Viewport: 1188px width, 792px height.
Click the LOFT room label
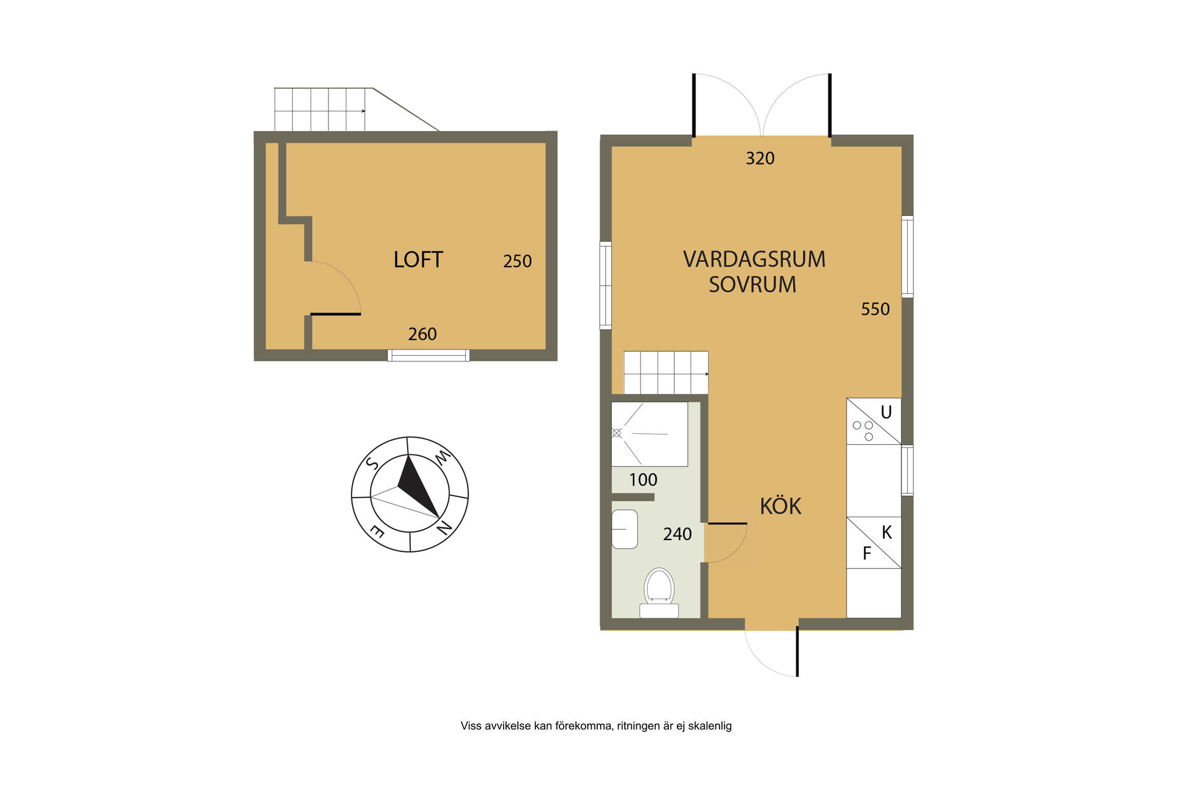[x=418, y=260]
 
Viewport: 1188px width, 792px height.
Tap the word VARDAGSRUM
[x=754, y=259]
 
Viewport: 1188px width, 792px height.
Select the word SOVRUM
[x=752, y=285]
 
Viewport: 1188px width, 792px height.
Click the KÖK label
[x=780, y=506]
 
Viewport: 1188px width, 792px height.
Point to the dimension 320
[x=760, y=158]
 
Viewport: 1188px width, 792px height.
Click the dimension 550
[x=875, y=309]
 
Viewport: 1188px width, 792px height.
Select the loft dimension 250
[x=517, y=261]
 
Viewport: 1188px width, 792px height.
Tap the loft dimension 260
[x=422, y=334]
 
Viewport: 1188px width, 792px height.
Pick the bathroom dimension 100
[x=643, y=480]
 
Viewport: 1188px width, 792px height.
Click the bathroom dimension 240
[x=677, y=534]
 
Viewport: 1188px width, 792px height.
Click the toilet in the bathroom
[x=659, y=593]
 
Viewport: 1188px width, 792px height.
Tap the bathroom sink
[x=624, y=529]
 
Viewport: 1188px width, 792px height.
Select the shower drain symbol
[x=616, y=433]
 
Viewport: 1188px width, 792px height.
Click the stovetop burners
[x=863, y=431]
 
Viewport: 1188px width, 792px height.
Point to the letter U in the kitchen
[x=886, y=412]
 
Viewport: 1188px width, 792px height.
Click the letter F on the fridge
[x=867, y=553]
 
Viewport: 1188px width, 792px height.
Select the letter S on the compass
[x=372, y=463]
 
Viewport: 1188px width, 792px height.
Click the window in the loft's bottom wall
[x=428, y=355]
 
